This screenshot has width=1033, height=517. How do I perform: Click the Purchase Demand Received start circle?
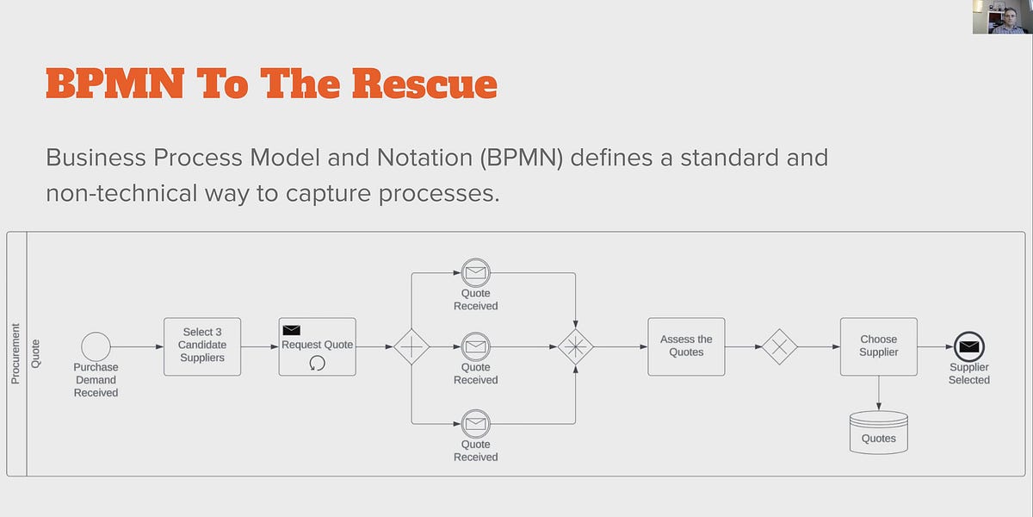click(x=96, y=346)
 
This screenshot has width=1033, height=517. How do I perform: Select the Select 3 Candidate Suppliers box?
click(x=202, y=346)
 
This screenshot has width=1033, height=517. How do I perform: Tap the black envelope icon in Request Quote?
click(x=292, y=330)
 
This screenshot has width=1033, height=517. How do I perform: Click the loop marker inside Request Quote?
click(x=317, y=364)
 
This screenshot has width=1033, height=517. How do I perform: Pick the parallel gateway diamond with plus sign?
click(x=411, y=347)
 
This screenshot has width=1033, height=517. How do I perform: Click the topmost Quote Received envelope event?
click(x=475, y=273)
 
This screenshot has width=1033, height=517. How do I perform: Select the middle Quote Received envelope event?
click(x=475, y=347)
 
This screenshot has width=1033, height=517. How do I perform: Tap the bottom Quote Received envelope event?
click(x=475, y=423)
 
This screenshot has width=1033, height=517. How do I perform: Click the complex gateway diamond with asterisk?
click(x=575, y=347)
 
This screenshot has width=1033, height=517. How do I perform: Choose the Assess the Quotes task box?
click(x=686, y=346)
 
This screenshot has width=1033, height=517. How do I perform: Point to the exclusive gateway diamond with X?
click(x=780, y=346)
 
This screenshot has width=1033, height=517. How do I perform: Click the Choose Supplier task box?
click(x=878, y=346)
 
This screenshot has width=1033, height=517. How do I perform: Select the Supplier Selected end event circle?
click(x=969, y=347)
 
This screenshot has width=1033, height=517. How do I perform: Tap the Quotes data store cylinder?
click(x=878, y=432)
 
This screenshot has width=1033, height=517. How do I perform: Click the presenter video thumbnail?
click(x=1002, y=17)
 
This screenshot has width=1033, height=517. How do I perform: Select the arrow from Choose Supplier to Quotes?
click(x=878, y=393)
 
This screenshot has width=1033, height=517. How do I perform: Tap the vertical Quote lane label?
click(x=35, y=353)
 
